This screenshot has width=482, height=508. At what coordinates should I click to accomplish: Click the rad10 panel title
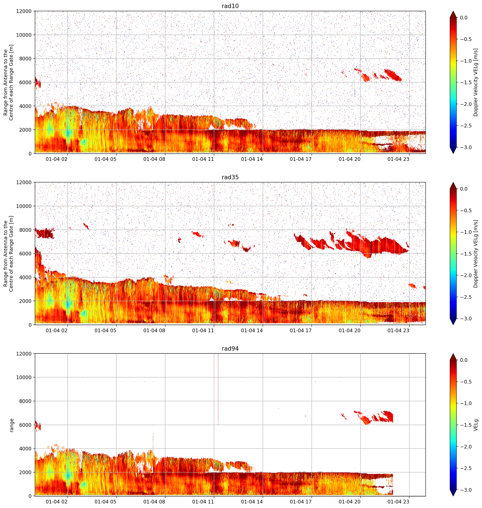(230, 6)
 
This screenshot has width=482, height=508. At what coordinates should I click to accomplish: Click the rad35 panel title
(230, 177)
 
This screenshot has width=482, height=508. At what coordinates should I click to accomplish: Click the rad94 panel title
(230, 348)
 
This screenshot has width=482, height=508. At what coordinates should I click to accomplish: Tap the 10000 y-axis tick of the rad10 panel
(24, 35)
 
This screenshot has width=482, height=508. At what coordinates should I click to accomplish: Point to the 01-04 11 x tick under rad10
(203, 159)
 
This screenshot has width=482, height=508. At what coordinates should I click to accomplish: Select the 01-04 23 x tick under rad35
(398, 330)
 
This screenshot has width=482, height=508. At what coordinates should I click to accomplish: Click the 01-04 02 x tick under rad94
(57, 502)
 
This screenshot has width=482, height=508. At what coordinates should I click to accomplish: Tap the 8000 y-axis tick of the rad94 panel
(25, 401)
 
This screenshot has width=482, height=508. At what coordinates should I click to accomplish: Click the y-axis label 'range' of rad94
(12, 425)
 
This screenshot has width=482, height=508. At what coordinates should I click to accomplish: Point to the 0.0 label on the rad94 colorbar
(464, 360)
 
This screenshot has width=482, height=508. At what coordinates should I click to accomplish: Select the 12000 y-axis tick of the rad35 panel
(24, 182)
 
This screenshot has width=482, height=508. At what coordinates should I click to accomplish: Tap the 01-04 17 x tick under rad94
(301, 502)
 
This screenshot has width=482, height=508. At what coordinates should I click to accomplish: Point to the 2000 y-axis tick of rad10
(25, 130)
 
